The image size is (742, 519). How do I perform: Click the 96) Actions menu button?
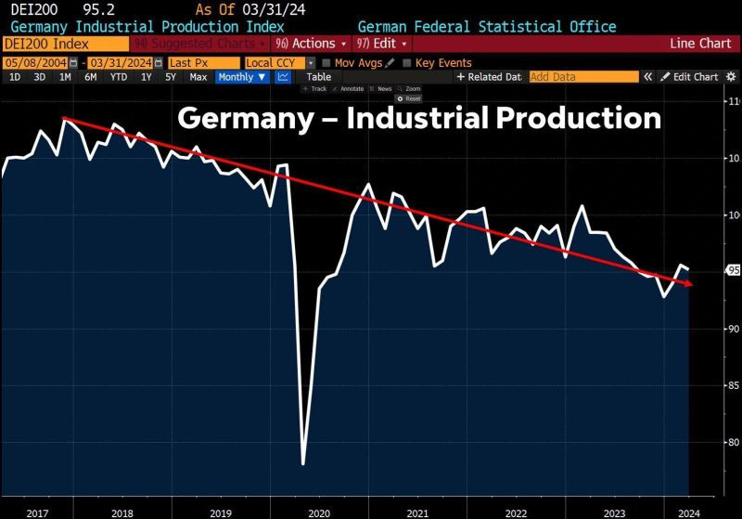(x=311, y=43)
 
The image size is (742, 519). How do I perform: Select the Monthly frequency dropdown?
(x=241, y=77)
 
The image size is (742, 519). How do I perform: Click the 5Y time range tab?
(x=171, y=77)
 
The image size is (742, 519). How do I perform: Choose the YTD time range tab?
(x=119, y=77)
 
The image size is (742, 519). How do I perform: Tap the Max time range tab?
(x=198, y=77)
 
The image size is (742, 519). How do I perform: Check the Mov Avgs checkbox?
(x=327, y=63)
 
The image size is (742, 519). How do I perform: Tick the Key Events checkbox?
(x=409, y=63)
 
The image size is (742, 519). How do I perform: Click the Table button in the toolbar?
(x=318, y=77)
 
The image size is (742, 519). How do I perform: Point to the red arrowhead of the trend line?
(x=689, y=284)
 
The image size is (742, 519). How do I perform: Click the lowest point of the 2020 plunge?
(x=303, y=462)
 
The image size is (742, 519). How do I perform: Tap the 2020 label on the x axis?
(x=318, y=513)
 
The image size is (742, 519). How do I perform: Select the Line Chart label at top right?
(x=701, y=43)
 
